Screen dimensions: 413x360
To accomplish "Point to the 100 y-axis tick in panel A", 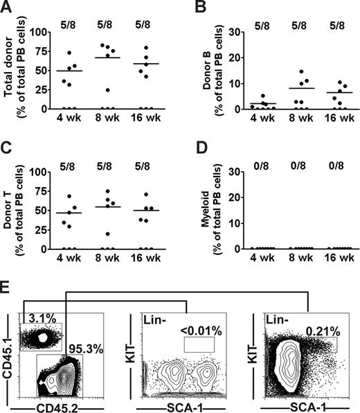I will coord(44,32).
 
